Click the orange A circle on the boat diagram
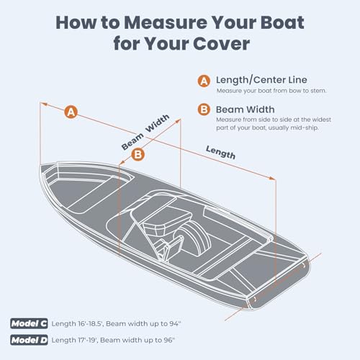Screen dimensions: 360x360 click(70, 112)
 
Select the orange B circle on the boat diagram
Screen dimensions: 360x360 click(138, 153)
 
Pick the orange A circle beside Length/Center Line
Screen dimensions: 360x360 click(203, 81)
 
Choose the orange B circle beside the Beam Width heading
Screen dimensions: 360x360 click(203, 110)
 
